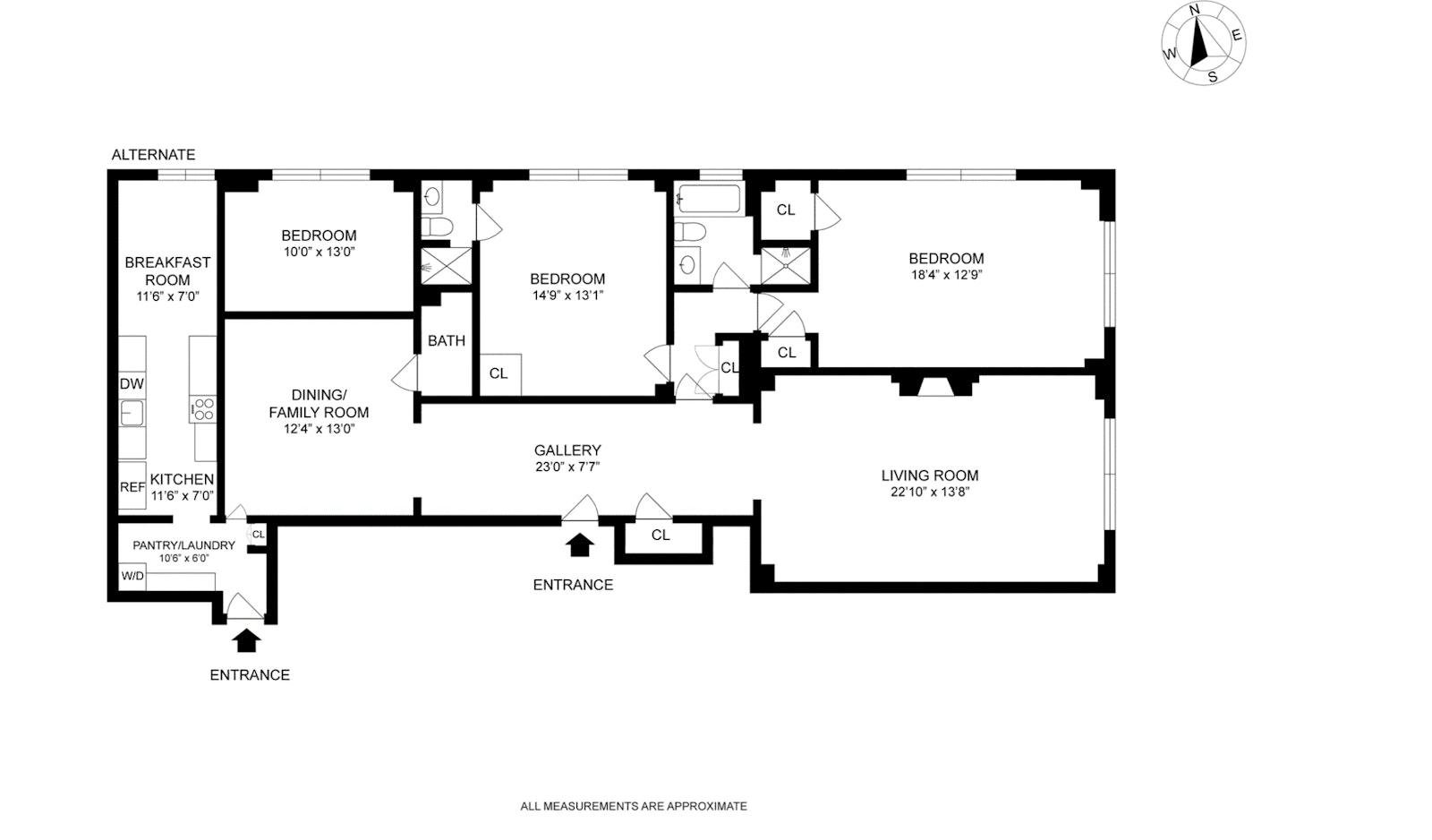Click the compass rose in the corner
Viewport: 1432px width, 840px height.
[x=1203, y=43]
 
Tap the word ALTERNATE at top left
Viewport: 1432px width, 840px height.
[x=153, y=155]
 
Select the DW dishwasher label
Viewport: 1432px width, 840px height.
[x=132, y=384]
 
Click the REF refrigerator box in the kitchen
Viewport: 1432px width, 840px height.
[x=132, y=487]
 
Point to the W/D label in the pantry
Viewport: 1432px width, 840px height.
[x=132, y=576]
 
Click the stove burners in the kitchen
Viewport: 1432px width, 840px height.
[x=203, y=409]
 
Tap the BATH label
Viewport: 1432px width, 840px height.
[x=446, y=341]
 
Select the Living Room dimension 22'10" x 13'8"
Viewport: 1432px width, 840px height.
[x=929, y=492]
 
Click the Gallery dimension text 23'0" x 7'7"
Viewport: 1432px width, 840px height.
[x=567, y=467]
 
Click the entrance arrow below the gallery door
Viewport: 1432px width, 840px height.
[x=580, y=544]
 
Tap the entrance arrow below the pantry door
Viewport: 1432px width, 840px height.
[x=246, y=639]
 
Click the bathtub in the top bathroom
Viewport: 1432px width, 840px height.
[x=709, y=198]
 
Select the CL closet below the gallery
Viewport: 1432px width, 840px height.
[x=661, y=536]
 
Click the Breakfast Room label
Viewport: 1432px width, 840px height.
[x=167, y=270]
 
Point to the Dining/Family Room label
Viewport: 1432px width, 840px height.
[x=319, y=404]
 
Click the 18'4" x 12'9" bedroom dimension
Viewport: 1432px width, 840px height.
[x=946, y=275]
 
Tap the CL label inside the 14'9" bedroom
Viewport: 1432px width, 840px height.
[x=499, y=373]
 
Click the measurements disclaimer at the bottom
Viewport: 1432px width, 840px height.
[x=633, y=806]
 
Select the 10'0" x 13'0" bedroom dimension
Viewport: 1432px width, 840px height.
[x=319, y=252]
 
